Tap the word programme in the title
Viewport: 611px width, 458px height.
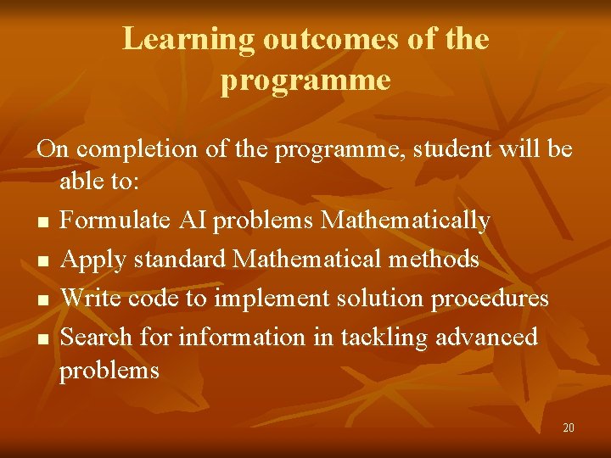305,80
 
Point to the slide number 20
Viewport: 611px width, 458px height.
568,427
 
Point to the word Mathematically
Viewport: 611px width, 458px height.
406,221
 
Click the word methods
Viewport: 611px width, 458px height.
434,260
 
